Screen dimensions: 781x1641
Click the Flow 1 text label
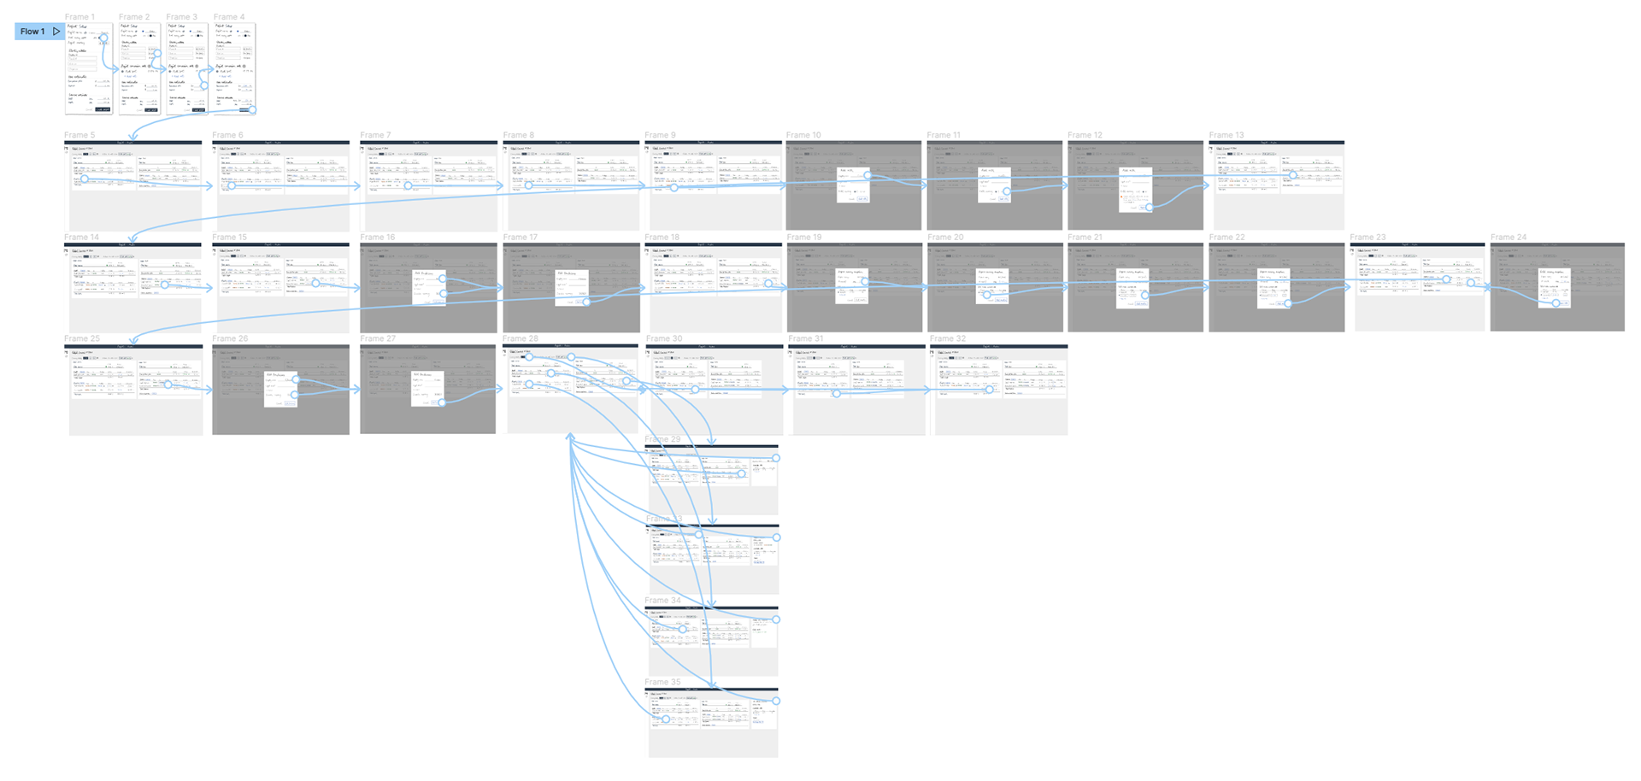click(32, 32)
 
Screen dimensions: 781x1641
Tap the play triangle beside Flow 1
click(56, 32)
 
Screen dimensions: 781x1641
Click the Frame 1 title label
click(79, 17)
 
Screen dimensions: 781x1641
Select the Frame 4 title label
click(229, 17)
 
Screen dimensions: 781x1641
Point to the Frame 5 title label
click(79, 135)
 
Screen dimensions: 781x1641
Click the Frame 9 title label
click(660, 135)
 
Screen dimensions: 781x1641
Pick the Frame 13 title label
click(1226, 135)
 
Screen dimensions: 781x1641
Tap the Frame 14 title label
click(81, 238)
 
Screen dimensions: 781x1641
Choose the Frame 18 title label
click(662, 238)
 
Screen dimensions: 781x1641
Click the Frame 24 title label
click(1508, 238)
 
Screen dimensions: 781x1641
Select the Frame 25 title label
click(81, 339)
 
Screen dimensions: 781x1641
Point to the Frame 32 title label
click(947, 339)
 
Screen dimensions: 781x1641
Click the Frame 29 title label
click(662, 439)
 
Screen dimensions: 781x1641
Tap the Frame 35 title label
click(662, 682)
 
